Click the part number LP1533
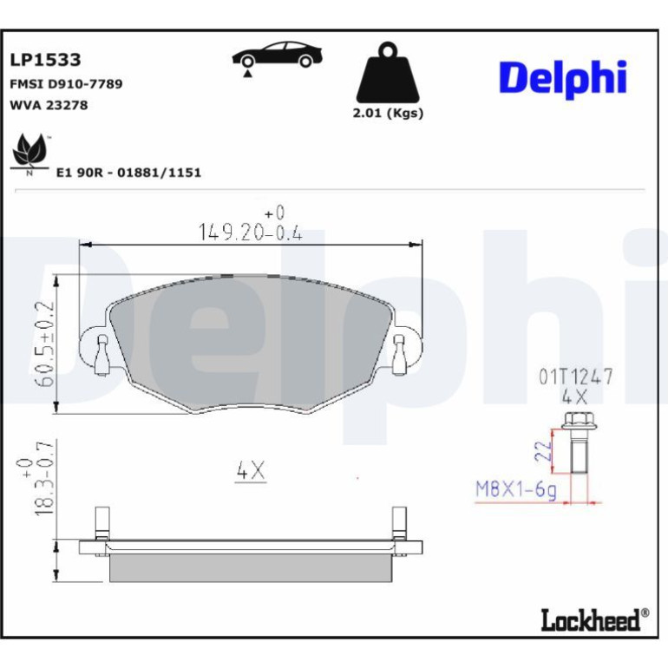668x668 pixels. (45, 60)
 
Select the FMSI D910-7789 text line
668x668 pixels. (66, 84)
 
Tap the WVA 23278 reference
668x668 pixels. (49, 105)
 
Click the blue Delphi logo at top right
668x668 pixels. (563, 78)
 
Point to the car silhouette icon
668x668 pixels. (277, 56)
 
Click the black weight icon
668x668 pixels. (388, 72)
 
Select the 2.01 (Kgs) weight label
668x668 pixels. (388, 114)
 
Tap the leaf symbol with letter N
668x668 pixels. (29, 154)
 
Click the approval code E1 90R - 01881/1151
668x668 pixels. (128, 173)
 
